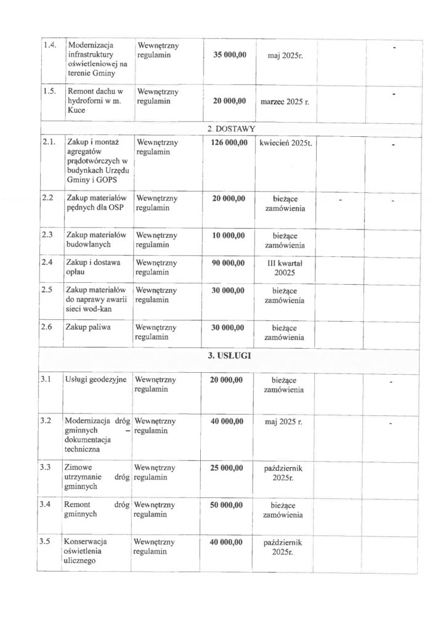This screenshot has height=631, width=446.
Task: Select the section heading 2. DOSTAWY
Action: [x=232, y=129]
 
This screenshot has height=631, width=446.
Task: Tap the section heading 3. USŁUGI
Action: [x=232, y=356]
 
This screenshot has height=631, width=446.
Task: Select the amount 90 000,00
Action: [x=229, y=263]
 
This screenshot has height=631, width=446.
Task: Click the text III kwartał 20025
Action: [x=285, y=268]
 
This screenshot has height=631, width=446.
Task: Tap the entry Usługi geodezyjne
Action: [x=96, y=380]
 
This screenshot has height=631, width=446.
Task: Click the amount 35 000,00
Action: [x=230, y=55]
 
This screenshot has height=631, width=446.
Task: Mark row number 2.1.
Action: [x=49, y=142]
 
